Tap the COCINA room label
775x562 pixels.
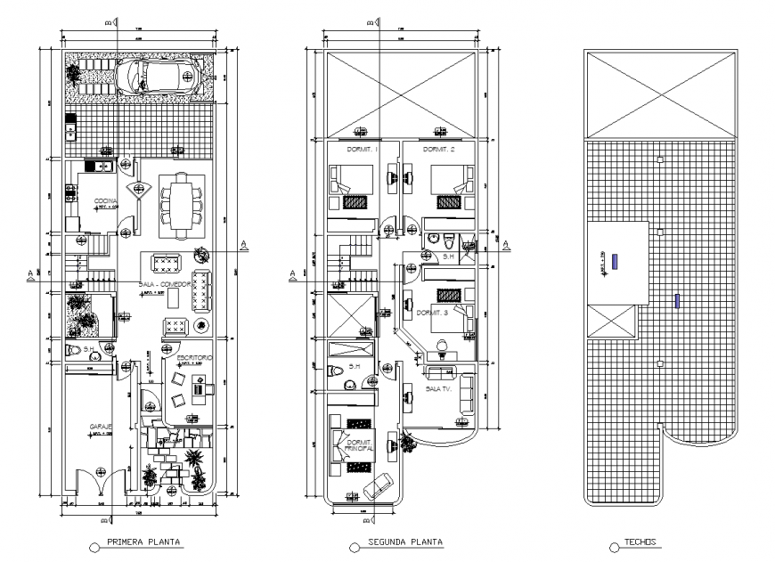pos(106,203)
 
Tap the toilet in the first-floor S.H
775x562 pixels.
pos(75,350)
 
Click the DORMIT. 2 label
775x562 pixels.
pos(439,150)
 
